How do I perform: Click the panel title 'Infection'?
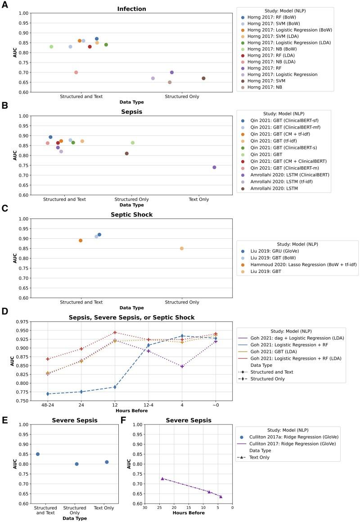pos(131,9)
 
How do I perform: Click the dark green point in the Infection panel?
pos(106,45)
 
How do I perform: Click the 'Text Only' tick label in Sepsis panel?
pos(198,199)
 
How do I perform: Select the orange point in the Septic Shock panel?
pos(81,241)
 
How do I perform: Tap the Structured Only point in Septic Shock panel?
pos(182,248)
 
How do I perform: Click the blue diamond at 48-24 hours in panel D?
pos(48,394)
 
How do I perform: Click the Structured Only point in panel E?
pos(76,464)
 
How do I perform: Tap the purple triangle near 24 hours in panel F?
pos(162,479)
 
